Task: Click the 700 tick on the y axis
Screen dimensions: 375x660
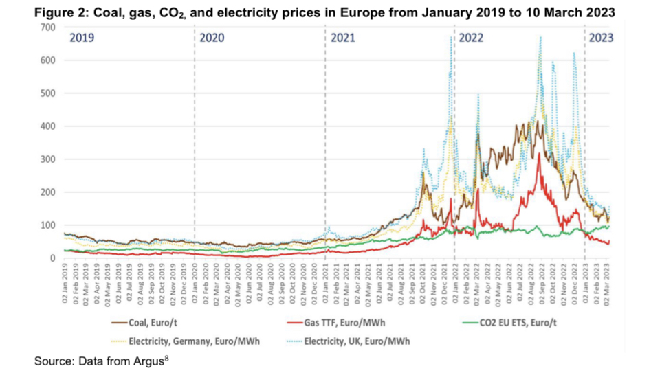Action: point(47,27)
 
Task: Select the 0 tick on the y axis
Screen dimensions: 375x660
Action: point(52,258)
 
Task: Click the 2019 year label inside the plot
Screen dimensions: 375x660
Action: point(82,38)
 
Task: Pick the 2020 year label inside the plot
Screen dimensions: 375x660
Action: point(212,38)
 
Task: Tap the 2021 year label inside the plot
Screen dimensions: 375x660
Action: point(342,38)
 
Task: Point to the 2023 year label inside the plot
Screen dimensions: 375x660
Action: point(602,38)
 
